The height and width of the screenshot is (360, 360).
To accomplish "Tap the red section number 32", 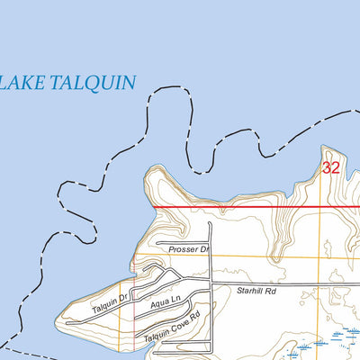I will click(x=331, y=167).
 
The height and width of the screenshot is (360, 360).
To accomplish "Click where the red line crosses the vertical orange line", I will click(x=321, y=207).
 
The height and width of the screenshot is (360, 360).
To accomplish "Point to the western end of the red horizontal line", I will click(x=154, y=207).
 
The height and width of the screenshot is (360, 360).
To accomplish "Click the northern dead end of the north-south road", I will click(x=210, y=222).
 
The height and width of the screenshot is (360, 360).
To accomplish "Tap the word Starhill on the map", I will click(x=253, y=290).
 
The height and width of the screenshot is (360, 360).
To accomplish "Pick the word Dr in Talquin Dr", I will click(x=127, y=294).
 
